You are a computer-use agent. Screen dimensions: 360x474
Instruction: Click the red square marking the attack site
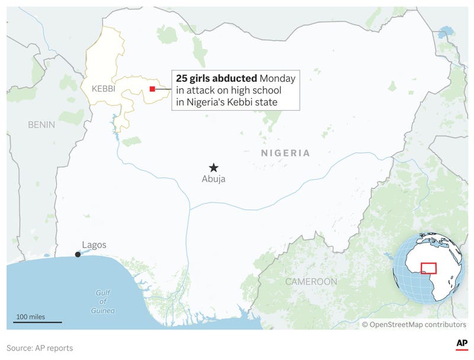pyautogui.click(x=152, y=89)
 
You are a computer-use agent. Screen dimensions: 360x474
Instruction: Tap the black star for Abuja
pyautogui.click(x=214, y=168)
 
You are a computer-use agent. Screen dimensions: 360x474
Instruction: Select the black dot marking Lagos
pyautogui.click(x=78, y=255)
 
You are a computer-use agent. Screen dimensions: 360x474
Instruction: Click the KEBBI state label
pyautogui.click(x=103, y=89)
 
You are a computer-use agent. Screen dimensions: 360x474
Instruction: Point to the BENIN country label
pyautogui.click(x=41, y=125)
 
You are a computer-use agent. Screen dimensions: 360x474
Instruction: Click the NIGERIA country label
pyautogui.click(x=286, y=153)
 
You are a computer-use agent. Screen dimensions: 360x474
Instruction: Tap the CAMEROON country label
pyautogui.click(x=311, y=282)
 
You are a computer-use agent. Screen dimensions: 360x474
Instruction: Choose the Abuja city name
pyautogui.click(x=213, y=179)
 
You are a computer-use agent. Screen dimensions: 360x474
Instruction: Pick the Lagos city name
pyautogui.click(x=94, y=245)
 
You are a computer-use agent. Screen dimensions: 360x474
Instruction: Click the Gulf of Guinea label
pyautogui.click(x=103, y=301)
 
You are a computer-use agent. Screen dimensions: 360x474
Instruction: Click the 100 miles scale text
pyautogui.click(x=31, y=317)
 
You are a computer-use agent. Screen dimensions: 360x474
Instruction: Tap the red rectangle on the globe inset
pyautogui.click(x=428, y=268)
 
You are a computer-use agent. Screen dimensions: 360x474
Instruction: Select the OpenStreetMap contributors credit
pyautogui.click(x=414, y=324)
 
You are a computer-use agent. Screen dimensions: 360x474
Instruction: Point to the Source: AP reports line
pyautogui.click(x=40, y=348)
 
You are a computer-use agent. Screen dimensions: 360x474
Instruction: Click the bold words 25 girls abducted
pyautogui.click(x=216, y=78)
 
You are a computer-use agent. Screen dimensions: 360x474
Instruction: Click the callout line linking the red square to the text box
pyautogui.click(x=164, y=89)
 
